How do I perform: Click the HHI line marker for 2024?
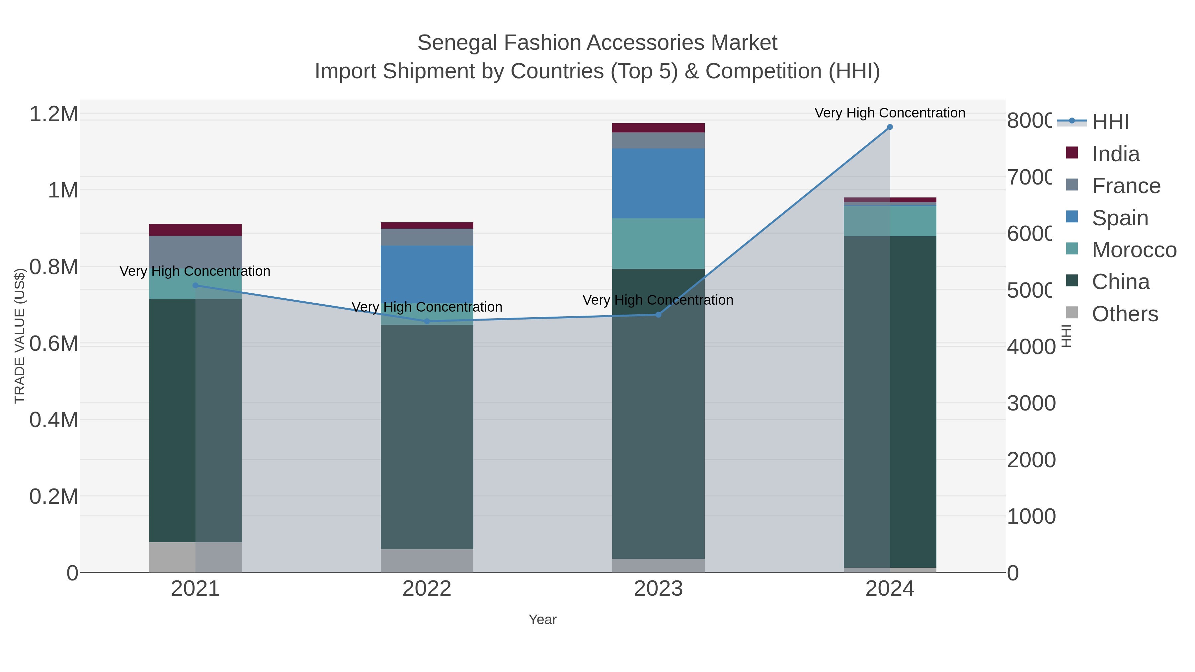890,127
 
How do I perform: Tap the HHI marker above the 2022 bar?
427,321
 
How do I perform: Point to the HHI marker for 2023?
658,315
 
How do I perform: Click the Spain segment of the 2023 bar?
658,183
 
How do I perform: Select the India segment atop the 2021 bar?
195,230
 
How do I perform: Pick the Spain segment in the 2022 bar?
427,274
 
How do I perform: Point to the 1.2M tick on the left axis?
54,114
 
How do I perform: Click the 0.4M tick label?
54,420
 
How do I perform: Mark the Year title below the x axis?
542,620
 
